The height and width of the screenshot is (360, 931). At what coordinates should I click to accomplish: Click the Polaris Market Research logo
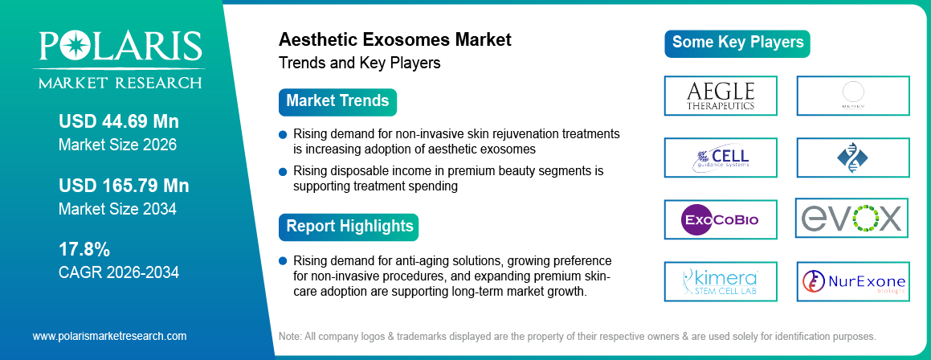[118, 59]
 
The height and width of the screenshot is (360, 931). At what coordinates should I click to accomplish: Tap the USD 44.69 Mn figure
[119, 122]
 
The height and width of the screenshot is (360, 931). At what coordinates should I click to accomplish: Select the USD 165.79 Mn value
[124, 186]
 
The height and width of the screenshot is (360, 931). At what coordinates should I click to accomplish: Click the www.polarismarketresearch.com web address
[109, 336]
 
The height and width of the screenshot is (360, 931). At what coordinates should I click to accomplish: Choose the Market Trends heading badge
[337, 101]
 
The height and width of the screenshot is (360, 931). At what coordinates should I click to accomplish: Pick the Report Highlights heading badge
[349, 226]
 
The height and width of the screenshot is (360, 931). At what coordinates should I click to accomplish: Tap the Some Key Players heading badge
[737, 43]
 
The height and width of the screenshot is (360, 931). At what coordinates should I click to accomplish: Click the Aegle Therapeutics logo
[721, 95]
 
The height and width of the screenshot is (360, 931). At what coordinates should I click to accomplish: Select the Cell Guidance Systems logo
[721, 157]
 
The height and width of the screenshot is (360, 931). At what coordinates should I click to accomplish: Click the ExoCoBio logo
[721, 219]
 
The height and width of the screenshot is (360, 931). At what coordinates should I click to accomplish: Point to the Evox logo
[851, 218]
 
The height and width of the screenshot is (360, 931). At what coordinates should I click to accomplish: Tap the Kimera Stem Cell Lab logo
[721, 281]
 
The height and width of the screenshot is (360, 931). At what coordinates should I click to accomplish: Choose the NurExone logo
[853, 281]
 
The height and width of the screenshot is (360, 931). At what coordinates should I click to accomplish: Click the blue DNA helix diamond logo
[853, 157]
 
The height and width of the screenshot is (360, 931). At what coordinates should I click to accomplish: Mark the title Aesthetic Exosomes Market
[394, 39]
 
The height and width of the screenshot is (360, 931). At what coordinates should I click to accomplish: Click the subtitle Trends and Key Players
[359, 63]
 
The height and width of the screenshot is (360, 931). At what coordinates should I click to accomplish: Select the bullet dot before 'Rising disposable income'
[282, 171]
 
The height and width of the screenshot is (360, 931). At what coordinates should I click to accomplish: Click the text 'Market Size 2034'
[117, 208]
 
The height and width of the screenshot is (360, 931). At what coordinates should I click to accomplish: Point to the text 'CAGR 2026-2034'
[119, 272]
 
